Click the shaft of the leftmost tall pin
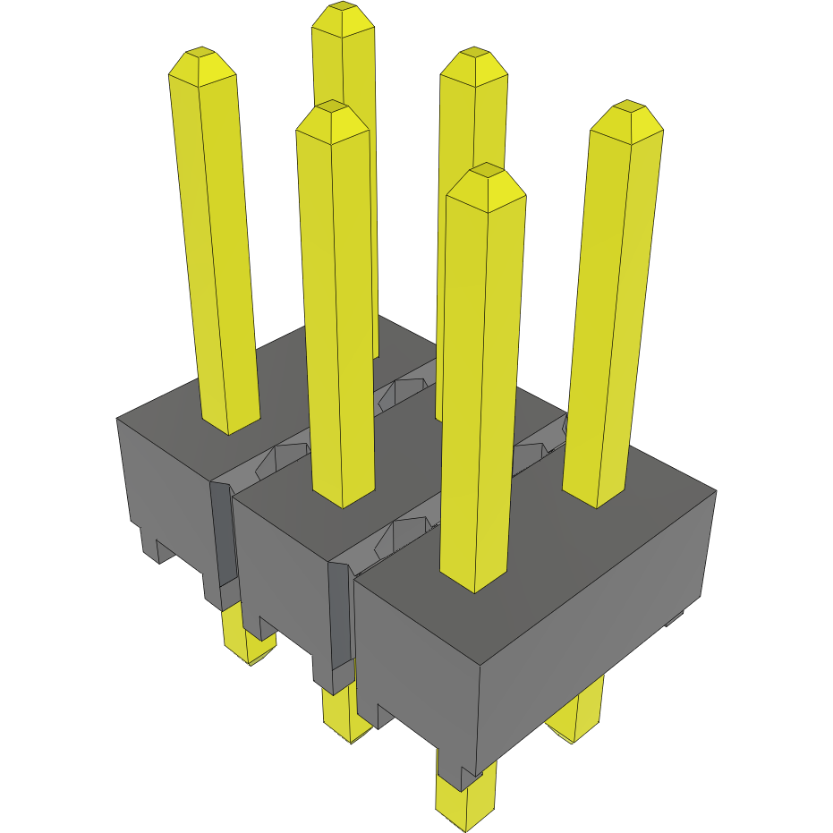tap(215, 251)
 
